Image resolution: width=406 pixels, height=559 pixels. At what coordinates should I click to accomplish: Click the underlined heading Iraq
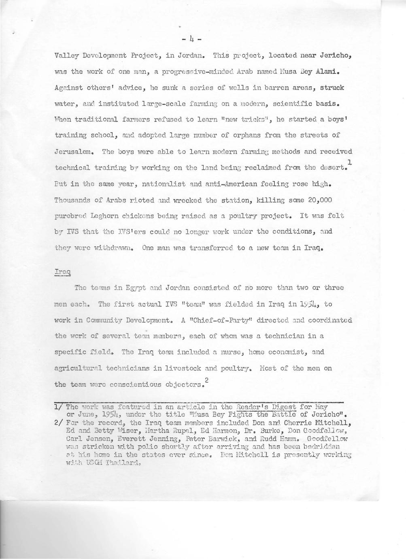tap(62, 272)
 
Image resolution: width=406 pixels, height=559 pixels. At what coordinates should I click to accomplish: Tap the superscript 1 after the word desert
tap(350, 162)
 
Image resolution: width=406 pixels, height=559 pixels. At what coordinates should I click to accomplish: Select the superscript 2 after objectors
tap(207, 379)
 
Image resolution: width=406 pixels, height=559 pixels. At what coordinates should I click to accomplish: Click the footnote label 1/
tap(58, 406)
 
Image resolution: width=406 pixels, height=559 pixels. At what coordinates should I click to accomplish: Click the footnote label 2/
tap(58, 422)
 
